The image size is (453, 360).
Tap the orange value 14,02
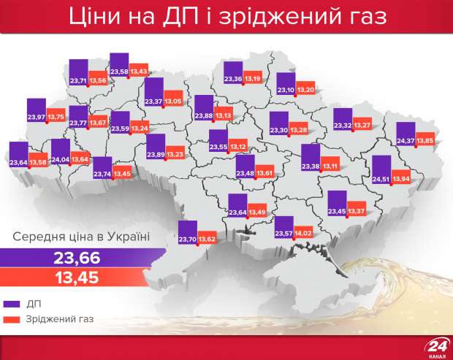pyautogui.click(x=302, y=233)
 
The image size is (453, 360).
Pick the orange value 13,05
pyautogui.click(x=173, y=101)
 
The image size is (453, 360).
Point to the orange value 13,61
pyautogui.click(x=264, y=172)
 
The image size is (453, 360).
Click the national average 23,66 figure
pyautogui.click(x=77, y=258)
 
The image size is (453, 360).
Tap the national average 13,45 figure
pyautogui.click(x=77, y=277)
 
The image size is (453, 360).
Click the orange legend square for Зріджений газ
pyautogui.click(x=12, y=319)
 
